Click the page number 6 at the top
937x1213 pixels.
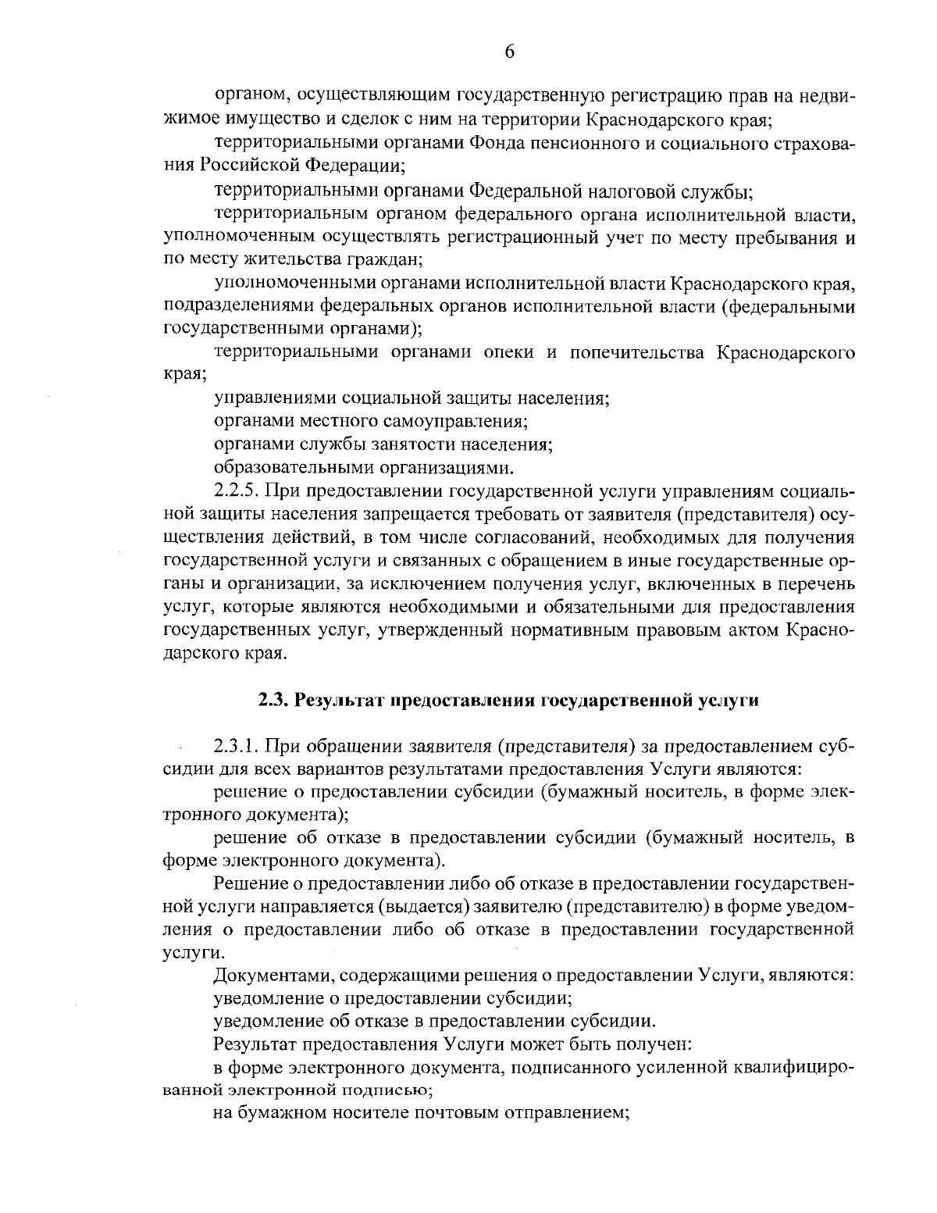tap(509, 52)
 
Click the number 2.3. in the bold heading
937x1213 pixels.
tap(274, 700)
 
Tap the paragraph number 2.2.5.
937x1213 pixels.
tap(238, 491)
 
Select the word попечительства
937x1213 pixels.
tap(634, 351)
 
